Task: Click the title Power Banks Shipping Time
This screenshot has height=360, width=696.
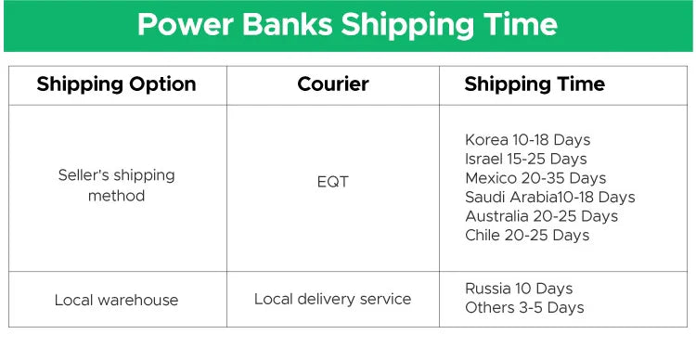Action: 347,25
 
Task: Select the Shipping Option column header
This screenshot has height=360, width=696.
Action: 116,84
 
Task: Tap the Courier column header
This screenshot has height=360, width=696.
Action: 332,84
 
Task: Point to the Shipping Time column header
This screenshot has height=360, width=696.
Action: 534,84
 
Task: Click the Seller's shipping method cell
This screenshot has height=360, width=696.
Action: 116,185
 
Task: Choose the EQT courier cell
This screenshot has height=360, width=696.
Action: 332,182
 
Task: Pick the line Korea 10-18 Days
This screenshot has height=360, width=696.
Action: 527,140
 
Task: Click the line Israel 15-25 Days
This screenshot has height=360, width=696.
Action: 525,159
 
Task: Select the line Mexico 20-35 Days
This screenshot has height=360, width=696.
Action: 535,178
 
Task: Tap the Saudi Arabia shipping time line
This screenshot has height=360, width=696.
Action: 549,197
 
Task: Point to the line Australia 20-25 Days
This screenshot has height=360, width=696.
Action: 541,216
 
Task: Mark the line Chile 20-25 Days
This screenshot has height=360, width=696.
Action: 526,235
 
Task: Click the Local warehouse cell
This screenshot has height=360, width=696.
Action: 116,300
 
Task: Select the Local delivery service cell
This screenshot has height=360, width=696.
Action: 332,299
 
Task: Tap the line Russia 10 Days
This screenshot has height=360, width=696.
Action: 519,289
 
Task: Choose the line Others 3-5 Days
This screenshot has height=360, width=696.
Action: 524,307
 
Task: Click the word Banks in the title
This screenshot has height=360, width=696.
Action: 285,25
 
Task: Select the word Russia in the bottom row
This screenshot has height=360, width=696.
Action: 488,289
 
